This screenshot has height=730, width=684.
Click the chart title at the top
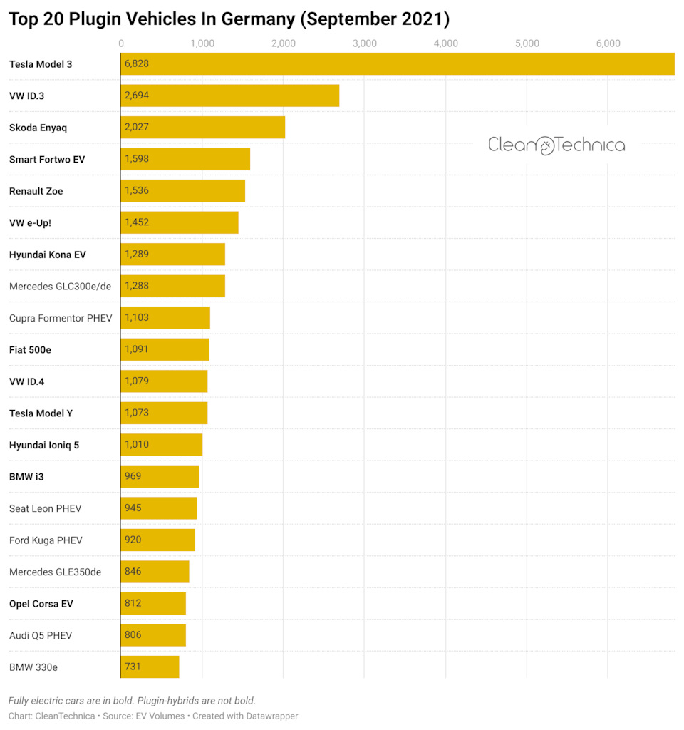[229, 19]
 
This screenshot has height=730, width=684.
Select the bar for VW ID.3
[229, 96]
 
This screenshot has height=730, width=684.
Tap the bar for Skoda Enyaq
[202, 128]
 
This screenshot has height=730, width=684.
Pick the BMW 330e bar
[150, 667]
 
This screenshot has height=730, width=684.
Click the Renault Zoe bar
[182, 191]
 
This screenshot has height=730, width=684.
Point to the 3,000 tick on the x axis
[365, 44]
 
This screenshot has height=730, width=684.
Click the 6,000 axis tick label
[608, 44]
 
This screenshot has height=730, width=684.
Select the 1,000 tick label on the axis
[202, 44]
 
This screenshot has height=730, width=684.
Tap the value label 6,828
[137, 64]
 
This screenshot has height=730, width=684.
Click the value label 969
[133, 476]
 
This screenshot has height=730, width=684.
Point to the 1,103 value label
[137, 317]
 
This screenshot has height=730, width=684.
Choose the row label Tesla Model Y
[41, 413]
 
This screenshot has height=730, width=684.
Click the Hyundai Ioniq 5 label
[44, 445]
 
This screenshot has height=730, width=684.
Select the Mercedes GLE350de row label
[55, 572]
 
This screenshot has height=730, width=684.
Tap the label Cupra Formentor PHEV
[61, 318]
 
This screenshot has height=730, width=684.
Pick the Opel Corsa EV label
[41, 604]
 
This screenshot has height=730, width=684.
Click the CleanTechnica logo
[556, 145]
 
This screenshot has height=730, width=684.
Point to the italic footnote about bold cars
[132, 701]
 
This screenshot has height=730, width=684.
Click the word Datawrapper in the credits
[270, 716]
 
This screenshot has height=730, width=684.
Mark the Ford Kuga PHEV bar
[157, 540]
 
